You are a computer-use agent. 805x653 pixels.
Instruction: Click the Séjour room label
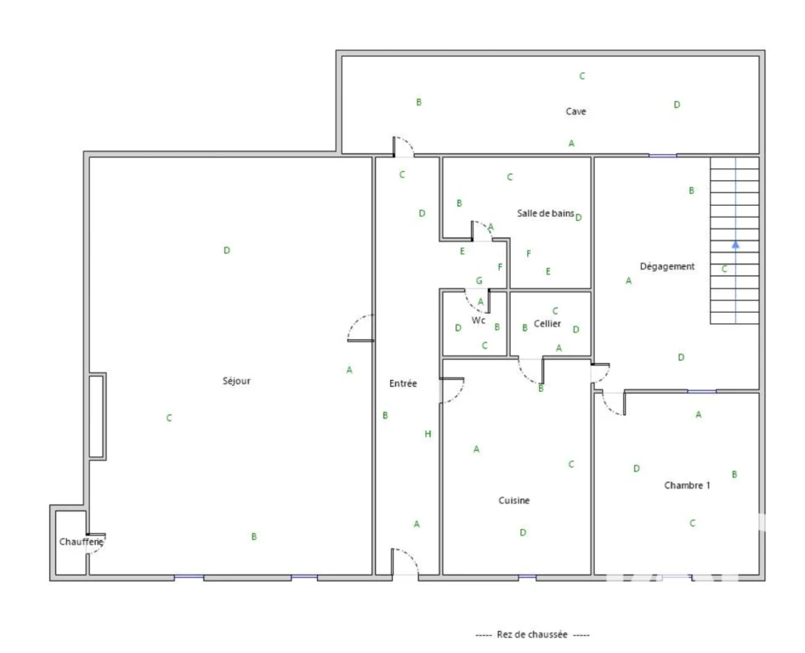[236, 382]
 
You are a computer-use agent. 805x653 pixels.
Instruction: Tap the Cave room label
[575, 111]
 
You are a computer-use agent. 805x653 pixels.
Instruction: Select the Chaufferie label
[81, 542]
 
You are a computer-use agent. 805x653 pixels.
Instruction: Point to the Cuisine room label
[514, 500]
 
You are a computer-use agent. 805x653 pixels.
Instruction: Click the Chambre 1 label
[687, 485]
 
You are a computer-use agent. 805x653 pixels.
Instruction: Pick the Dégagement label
[667, 266]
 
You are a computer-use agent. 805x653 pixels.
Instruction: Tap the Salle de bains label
[545, 213]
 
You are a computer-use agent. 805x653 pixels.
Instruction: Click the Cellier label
[547, 323]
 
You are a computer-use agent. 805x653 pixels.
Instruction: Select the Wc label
[479, 321]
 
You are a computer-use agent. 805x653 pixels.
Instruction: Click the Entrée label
[403, 383]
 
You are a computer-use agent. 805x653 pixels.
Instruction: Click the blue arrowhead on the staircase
[735, 244]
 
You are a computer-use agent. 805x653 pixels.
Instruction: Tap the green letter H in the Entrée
[428, 434]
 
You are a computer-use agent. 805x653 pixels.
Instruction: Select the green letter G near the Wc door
[479, 281]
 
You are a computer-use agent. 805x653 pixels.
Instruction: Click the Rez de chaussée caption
[532, 634]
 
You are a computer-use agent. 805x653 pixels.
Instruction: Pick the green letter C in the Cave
[582, 76]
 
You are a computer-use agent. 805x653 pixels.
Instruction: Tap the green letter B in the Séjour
[253, 537]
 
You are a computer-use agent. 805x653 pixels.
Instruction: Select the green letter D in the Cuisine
[523, 532]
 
